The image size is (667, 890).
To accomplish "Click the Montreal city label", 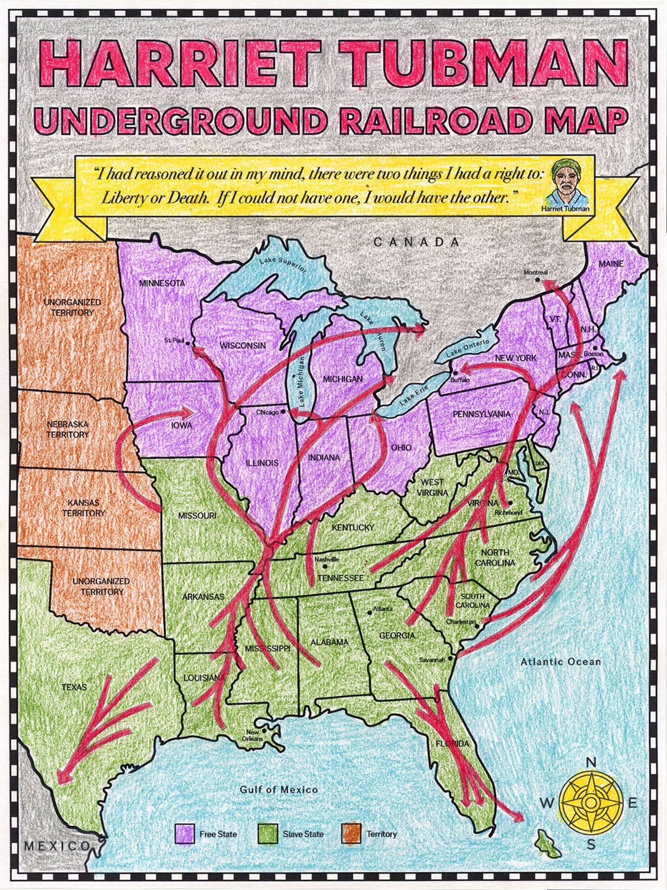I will pos(535,272).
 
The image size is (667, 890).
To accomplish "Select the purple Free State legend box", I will pos(185,833).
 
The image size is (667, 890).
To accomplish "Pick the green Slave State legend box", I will pos(268,833).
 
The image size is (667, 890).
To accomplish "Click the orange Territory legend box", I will pos(352,833).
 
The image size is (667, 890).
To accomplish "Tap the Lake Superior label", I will pos(282,263).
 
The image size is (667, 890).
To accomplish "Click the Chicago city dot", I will pos(283,412).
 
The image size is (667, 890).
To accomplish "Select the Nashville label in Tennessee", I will pos(326,559).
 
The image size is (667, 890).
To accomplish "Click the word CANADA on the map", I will pos(416,242).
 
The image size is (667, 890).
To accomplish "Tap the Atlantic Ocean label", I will pos(560,661).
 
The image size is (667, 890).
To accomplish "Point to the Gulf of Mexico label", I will pos(278,789).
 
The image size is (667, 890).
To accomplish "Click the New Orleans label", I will pos(252,735).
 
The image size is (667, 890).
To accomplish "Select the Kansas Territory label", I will pos(83,507).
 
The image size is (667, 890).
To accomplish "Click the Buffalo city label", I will pos(460,380).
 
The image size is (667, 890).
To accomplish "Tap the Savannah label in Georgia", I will pos(432,660).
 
